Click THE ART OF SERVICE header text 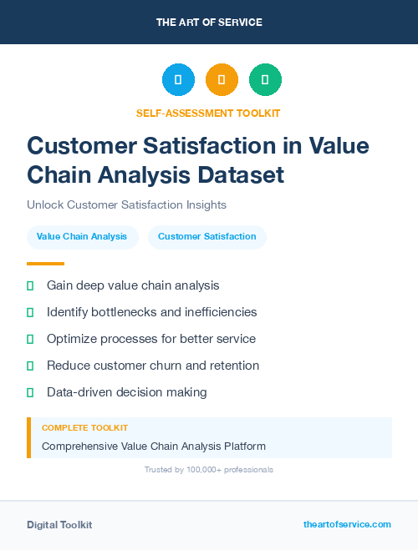pyautogui.click(x=209, y=23)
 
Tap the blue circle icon pyautogui.click(x=178, y=80)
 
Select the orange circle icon pyautogui.click(x=222, y=80)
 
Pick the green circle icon pyautogui.click(x=265, y=80)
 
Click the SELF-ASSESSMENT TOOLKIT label pyautogui.click(x=208, y=113)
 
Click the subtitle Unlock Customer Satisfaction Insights pyautogui.click(x=126, y=204)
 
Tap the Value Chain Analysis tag pyautogui.click(x=82, y=237)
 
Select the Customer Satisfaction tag pyautogui.click(x=206, y=237)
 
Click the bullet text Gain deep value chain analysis pyautogui.click(x=133, y=285)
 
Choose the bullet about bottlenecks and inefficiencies pyautogui.click(x=151, y=312)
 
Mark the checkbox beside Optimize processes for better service pyautogui.click(x=30, y=339)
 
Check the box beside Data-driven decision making pyautogui.click(x=30, y=392)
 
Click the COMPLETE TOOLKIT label pyautogui.click(x=84, y=427)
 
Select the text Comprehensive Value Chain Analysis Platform pyautogui.click(x=154, y=447)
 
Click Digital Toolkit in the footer pyautogui.click(x=59, y=525)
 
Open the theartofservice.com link pyautogui.click(x=347, y=524)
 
